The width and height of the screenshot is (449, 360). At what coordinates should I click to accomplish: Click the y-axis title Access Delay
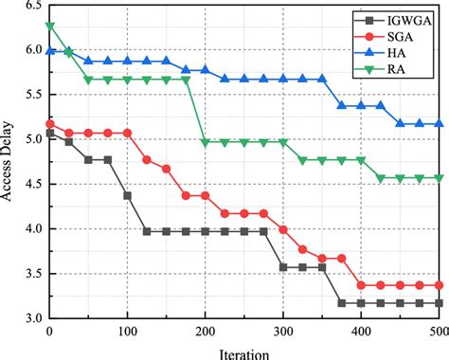9,162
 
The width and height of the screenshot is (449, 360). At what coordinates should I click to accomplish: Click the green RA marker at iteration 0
49,27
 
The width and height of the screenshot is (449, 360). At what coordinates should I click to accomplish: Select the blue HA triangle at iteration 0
49,50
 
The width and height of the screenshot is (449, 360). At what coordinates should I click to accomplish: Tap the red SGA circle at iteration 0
49,124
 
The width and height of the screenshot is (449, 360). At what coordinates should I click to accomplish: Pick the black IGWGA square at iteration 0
49,134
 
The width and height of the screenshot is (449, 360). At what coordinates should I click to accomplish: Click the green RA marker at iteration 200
206,143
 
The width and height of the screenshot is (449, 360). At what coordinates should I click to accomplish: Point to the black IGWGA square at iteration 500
440,303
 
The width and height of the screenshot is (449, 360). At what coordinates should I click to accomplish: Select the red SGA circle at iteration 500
440,285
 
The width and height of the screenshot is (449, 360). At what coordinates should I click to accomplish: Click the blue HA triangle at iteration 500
440,123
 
